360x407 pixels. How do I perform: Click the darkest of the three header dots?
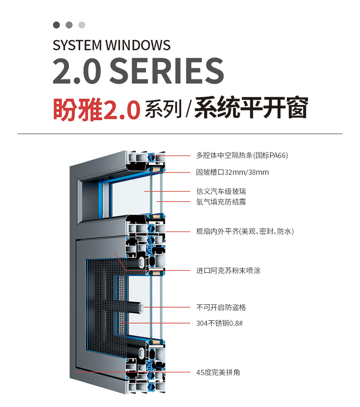click(57, 25)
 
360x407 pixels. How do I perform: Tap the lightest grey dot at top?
click(82, 25)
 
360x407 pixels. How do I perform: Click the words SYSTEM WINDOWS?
click(111, 45)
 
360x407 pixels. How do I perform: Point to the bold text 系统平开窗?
click(251, 108)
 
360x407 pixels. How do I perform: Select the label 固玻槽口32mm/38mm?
click(232, 172)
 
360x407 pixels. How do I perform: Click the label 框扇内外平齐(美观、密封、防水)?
click(244, 231)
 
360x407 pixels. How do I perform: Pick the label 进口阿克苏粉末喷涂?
click(228, 270)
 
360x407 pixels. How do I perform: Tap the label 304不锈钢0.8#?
click(219, 324)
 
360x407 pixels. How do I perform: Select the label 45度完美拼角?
click(218, 372)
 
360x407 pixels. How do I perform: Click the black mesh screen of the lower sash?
click(102, 293)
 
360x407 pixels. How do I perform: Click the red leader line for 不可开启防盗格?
click(171, 307)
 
